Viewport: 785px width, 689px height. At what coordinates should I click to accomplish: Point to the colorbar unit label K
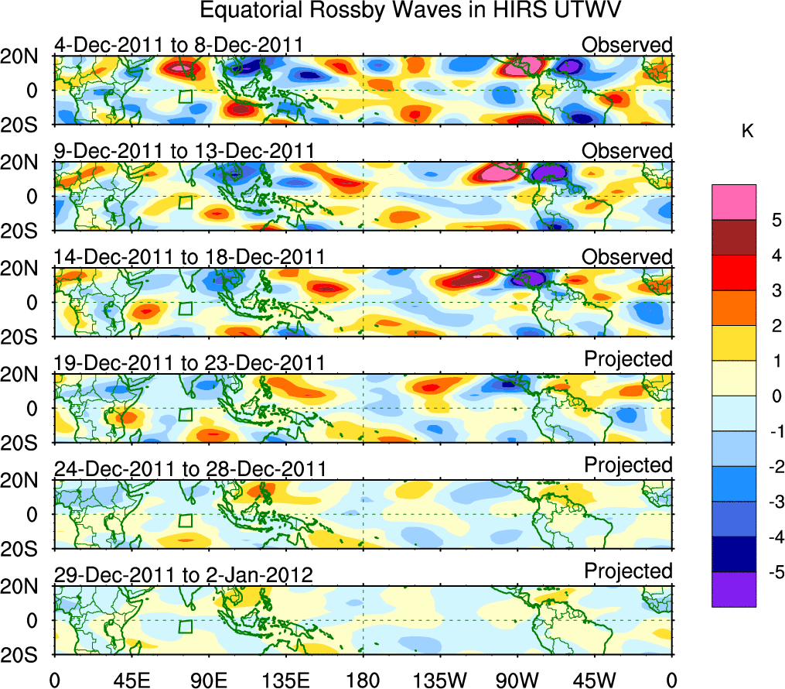(747, 132)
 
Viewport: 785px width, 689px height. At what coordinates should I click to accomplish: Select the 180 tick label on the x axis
(363, 680)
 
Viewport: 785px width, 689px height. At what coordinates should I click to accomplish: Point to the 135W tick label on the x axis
(439, 680)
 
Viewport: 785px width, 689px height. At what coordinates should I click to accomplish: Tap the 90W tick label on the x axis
(517, 680)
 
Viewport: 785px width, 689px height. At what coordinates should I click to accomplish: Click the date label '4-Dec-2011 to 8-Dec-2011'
(178, 45)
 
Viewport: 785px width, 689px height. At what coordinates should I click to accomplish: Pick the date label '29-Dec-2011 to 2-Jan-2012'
(183, 575)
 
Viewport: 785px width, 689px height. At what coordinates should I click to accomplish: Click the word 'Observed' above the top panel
(627, 45)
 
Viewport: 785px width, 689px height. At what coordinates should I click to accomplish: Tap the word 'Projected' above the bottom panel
(628, 571)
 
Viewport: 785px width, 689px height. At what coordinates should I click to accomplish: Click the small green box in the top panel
(185, 97)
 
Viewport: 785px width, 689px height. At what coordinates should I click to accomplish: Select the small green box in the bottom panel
(185, 627)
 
